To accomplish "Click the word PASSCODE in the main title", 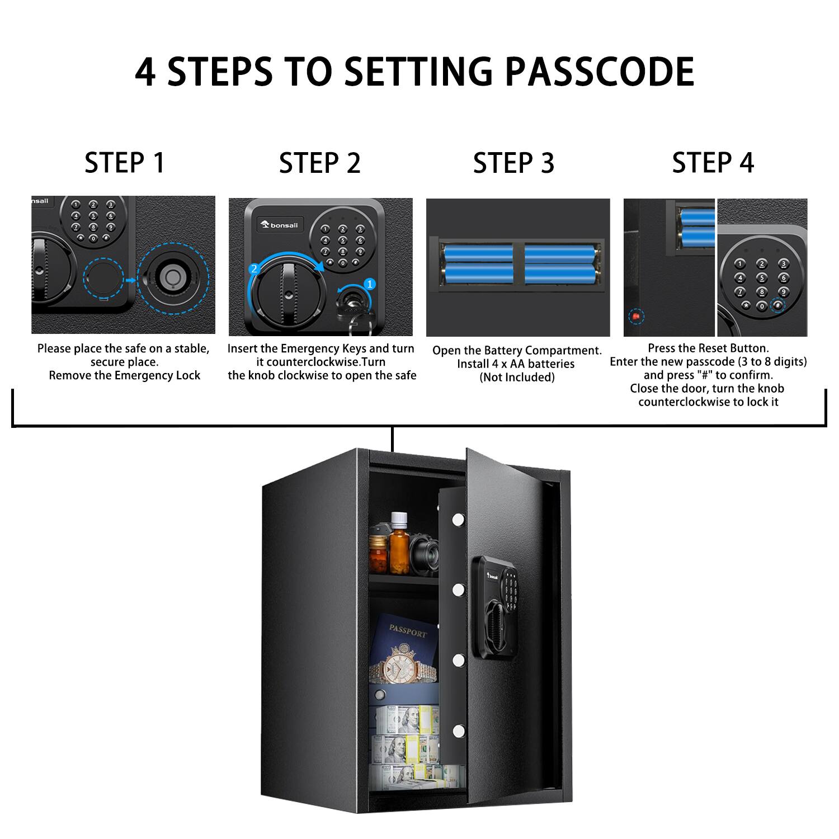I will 600,72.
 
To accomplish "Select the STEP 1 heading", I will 125,163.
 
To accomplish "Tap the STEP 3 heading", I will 513,163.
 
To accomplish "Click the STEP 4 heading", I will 713,163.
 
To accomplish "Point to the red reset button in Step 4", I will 635,317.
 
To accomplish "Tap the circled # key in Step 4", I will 777,305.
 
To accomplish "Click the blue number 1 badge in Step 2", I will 369,284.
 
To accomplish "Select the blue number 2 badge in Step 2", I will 254,268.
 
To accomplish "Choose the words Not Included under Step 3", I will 517,378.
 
